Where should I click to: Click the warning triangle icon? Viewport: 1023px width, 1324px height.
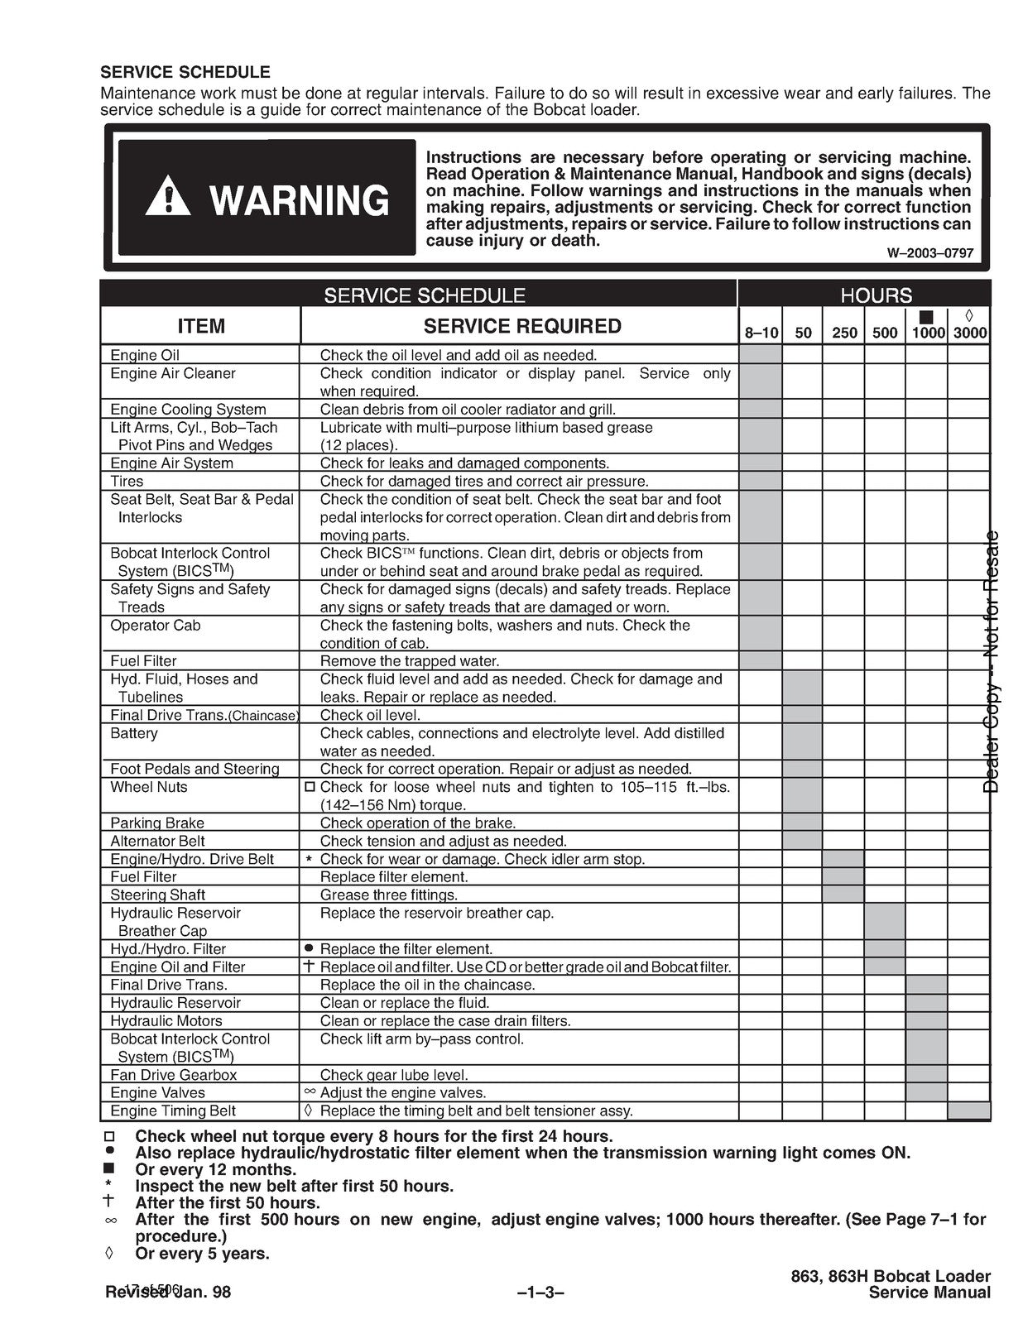tap(167, 196)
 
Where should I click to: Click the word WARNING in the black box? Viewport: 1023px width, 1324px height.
tap(299, 200)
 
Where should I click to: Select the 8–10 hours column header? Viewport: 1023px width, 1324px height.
tap(761, 333)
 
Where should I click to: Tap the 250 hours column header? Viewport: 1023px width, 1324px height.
tap(844, 333)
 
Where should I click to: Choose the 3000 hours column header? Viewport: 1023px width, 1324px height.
tap(969, 333)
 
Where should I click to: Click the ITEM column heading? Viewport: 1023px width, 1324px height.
tap(201, 326)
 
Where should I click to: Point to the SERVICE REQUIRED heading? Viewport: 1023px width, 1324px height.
tap(522, 326)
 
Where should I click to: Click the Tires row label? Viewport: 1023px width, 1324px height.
tap(127, 482)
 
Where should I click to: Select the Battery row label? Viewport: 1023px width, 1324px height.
tap(133, 733)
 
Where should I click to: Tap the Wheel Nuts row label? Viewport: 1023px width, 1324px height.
tap(149, 787)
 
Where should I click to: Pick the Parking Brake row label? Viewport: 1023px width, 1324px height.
tap(157, 823)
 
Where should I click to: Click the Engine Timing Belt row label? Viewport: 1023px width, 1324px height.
tap(173, 1111)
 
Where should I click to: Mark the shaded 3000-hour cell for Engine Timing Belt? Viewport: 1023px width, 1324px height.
tap(969, 1111)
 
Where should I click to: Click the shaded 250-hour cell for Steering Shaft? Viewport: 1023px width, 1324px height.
tap(843, 895)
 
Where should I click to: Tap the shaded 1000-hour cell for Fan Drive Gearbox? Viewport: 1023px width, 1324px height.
tap(926, 1075)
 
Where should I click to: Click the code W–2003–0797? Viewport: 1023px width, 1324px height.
tap(930, 254)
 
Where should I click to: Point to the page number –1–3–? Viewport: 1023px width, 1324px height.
tap(540, 1293)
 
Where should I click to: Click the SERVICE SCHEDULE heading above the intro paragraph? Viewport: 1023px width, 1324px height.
tap(185, 73)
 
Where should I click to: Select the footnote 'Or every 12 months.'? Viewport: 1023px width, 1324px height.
tap(215, 1169)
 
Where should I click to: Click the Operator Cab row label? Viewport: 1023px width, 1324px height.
tap(156, 626)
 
